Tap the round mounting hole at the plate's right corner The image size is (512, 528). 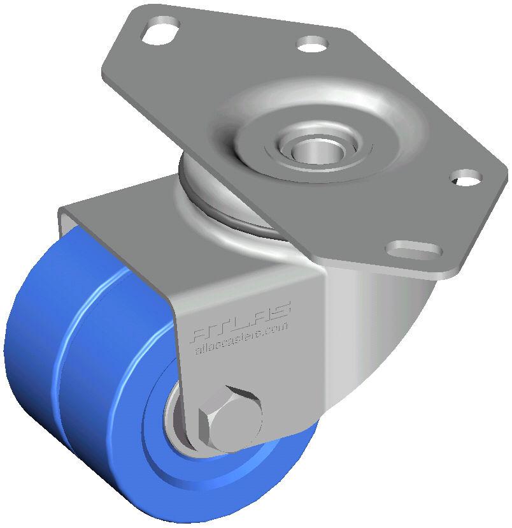466,177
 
